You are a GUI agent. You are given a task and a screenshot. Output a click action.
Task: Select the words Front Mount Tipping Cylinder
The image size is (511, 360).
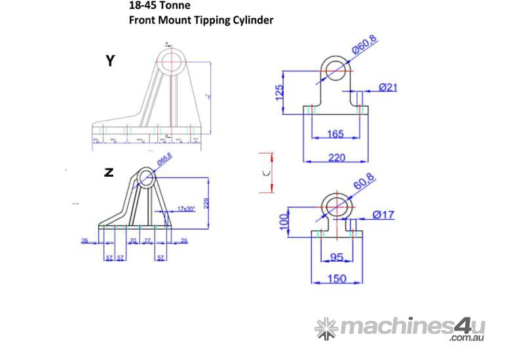click(x=201, y=20)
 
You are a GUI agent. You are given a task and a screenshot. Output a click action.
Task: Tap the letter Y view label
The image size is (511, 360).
click(x=110, y=62)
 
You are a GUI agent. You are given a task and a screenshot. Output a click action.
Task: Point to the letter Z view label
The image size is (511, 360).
click(x=109, y=173)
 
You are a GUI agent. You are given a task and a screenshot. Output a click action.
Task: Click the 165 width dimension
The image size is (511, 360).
click(x=335, y=134)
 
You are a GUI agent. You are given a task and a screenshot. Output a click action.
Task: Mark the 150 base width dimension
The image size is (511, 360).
click(x=336, y=279)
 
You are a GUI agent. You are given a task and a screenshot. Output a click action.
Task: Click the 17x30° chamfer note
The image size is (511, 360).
click(x=187, y=209)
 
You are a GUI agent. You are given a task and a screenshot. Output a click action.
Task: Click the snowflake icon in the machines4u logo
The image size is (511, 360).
click(x=325, y=327)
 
